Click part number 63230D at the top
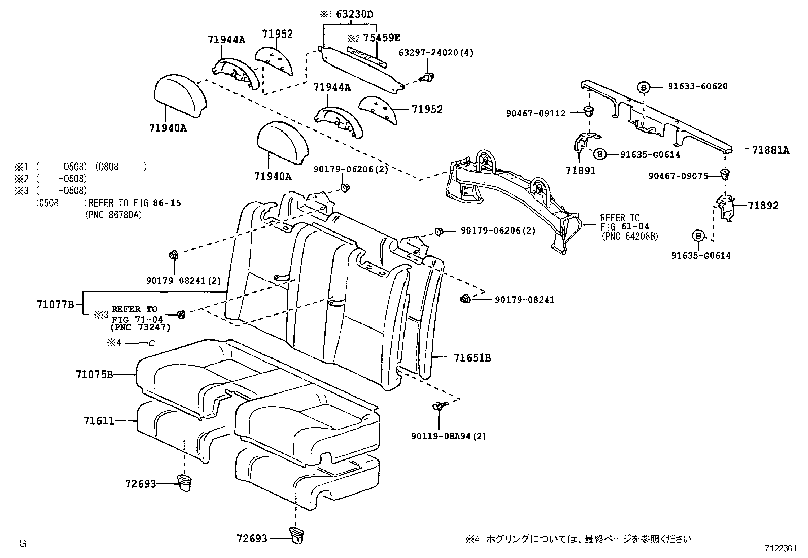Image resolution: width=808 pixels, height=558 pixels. click(x=354, y=14)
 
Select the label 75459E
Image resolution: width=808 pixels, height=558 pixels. click(x=381, y=38)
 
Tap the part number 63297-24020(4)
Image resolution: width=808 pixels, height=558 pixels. click(x=435, y=52)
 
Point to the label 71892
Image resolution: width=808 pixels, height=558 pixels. click(x=762, y=206)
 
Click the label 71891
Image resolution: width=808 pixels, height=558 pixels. click(x=581, y=171)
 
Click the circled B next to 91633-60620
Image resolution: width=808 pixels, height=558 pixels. click(x=643, y=87)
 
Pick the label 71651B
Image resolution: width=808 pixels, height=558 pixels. click(x=472, y=358)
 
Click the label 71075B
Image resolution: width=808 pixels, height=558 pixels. click(x=94, y=375)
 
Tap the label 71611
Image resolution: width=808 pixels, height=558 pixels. click(x=99, y=421)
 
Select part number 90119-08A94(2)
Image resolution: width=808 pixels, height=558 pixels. click(x=448, y=436)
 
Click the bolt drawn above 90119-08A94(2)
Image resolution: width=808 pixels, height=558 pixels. click(x=437, y=406)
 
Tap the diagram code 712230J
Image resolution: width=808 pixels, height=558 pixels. click(x=781, y=548)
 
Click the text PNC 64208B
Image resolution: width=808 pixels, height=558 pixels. click(x=629, y=236)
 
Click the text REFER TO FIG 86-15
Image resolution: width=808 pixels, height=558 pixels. click(x=134, y=203)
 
